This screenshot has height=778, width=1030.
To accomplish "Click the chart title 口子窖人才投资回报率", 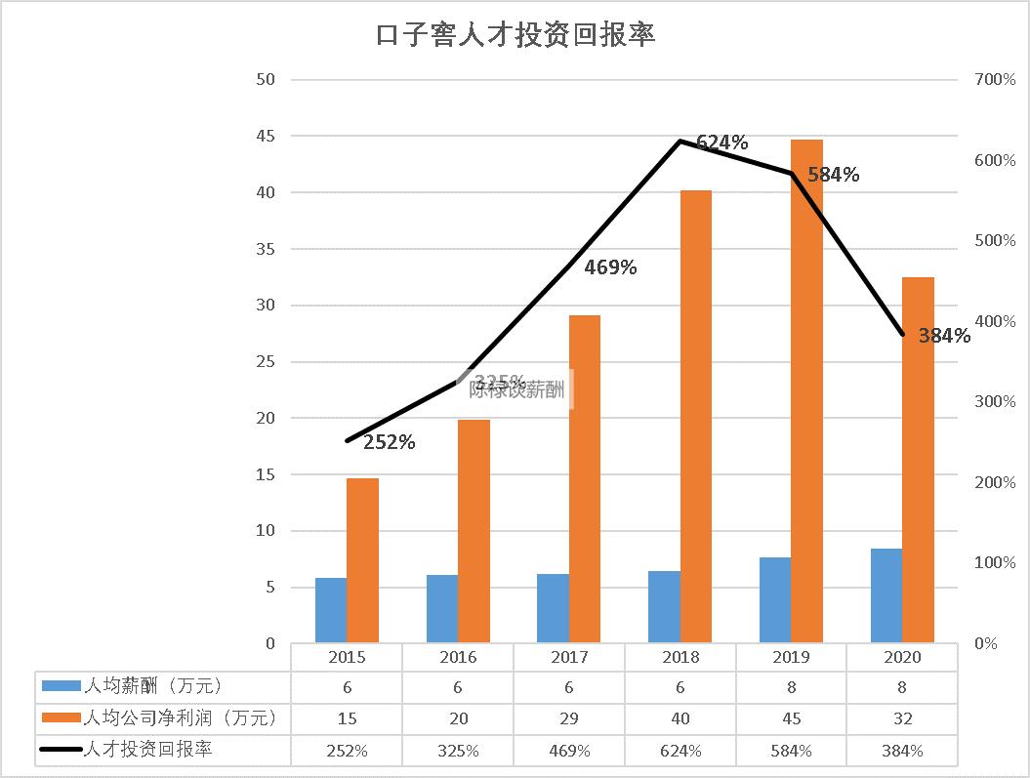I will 515,35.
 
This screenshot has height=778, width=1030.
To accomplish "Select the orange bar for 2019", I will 806,390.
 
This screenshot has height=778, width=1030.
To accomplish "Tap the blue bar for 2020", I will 886,595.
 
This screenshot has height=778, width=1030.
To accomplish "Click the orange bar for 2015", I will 362,560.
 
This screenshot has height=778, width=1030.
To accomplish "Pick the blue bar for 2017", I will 554,608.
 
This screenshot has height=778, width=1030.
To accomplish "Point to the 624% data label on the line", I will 722,143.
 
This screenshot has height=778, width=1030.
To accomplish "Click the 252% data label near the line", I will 390,442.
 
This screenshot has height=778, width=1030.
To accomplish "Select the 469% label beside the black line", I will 610,266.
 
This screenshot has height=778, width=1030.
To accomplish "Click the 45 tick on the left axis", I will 265,136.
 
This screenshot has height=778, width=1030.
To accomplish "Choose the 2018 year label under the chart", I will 680,657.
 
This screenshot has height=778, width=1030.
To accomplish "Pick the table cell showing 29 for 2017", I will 569,718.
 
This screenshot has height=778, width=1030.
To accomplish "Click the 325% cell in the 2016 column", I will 458,751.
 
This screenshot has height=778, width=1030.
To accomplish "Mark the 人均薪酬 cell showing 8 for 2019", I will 792,687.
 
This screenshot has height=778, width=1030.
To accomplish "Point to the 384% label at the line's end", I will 944,337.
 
